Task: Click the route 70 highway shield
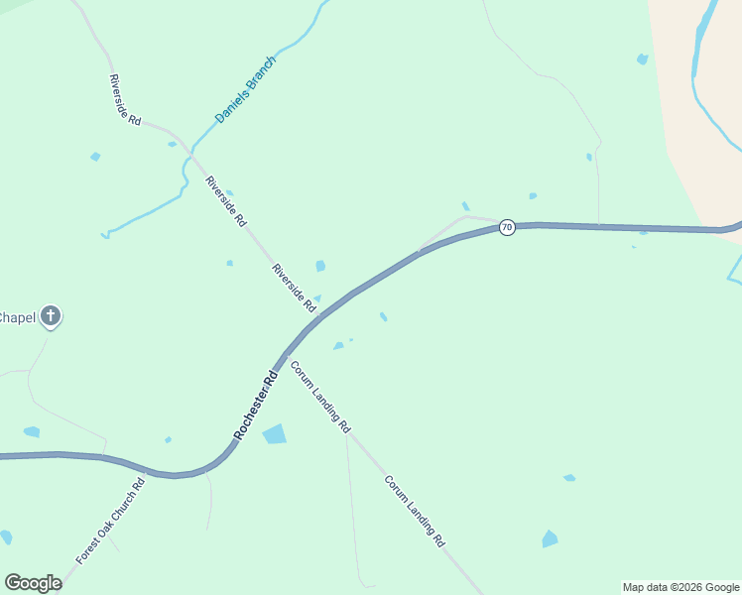(507, 227)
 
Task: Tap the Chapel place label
(18, 317)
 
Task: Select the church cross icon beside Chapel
(51, 317)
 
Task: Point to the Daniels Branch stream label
(245, 90)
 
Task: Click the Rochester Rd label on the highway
(256, 406)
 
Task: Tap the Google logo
(33, 583)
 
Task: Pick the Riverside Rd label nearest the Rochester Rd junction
(294, 288)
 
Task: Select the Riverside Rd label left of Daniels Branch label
(125, 100)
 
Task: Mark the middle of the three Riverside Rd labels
(225, 201)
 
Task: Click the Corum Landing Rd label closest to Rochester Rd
(319, 397)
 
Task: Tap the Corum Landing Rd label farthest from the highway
(415, 511)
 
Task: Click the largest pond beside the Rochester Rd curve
(274, 434)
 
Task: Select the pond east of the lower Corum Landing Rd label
(550, 538)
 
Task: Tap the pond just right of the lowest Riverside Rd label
(320, 266)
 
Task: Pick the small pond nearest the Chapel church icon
(32, 431)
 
